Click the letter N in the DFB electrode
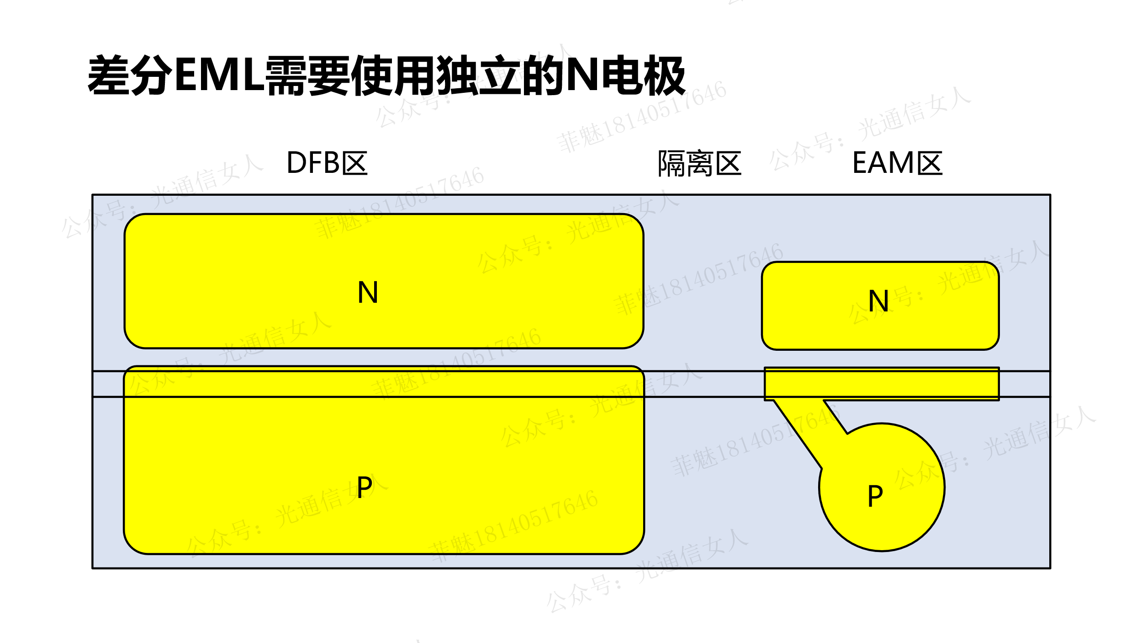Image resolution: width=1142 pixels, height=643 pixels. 368,292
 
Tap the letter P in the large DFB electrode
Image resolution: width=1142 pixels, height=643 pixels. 365,488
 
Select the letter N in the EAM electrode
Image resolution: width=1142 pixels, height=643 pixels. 878,301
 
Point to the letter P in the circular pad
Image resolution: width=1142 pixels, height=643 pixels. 875,496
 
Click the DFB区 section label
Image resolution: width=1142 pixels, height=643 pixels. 327,163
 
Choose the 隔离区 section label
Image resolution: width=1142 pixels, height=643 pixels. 699,163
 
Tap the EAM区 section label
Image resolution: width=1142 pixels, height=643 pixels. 897,163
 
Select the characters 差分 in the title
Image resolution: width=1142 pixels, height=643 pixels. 130,75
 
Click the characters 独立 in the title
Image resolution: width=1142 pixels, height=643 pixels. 479,75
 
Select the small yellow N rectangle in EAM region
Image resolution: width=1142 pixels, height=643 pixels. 822,320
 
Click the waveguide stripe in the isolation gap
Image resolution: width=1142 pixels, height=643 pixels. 703,384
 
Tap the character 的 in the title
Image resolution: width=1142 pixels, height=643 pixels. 543,75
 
